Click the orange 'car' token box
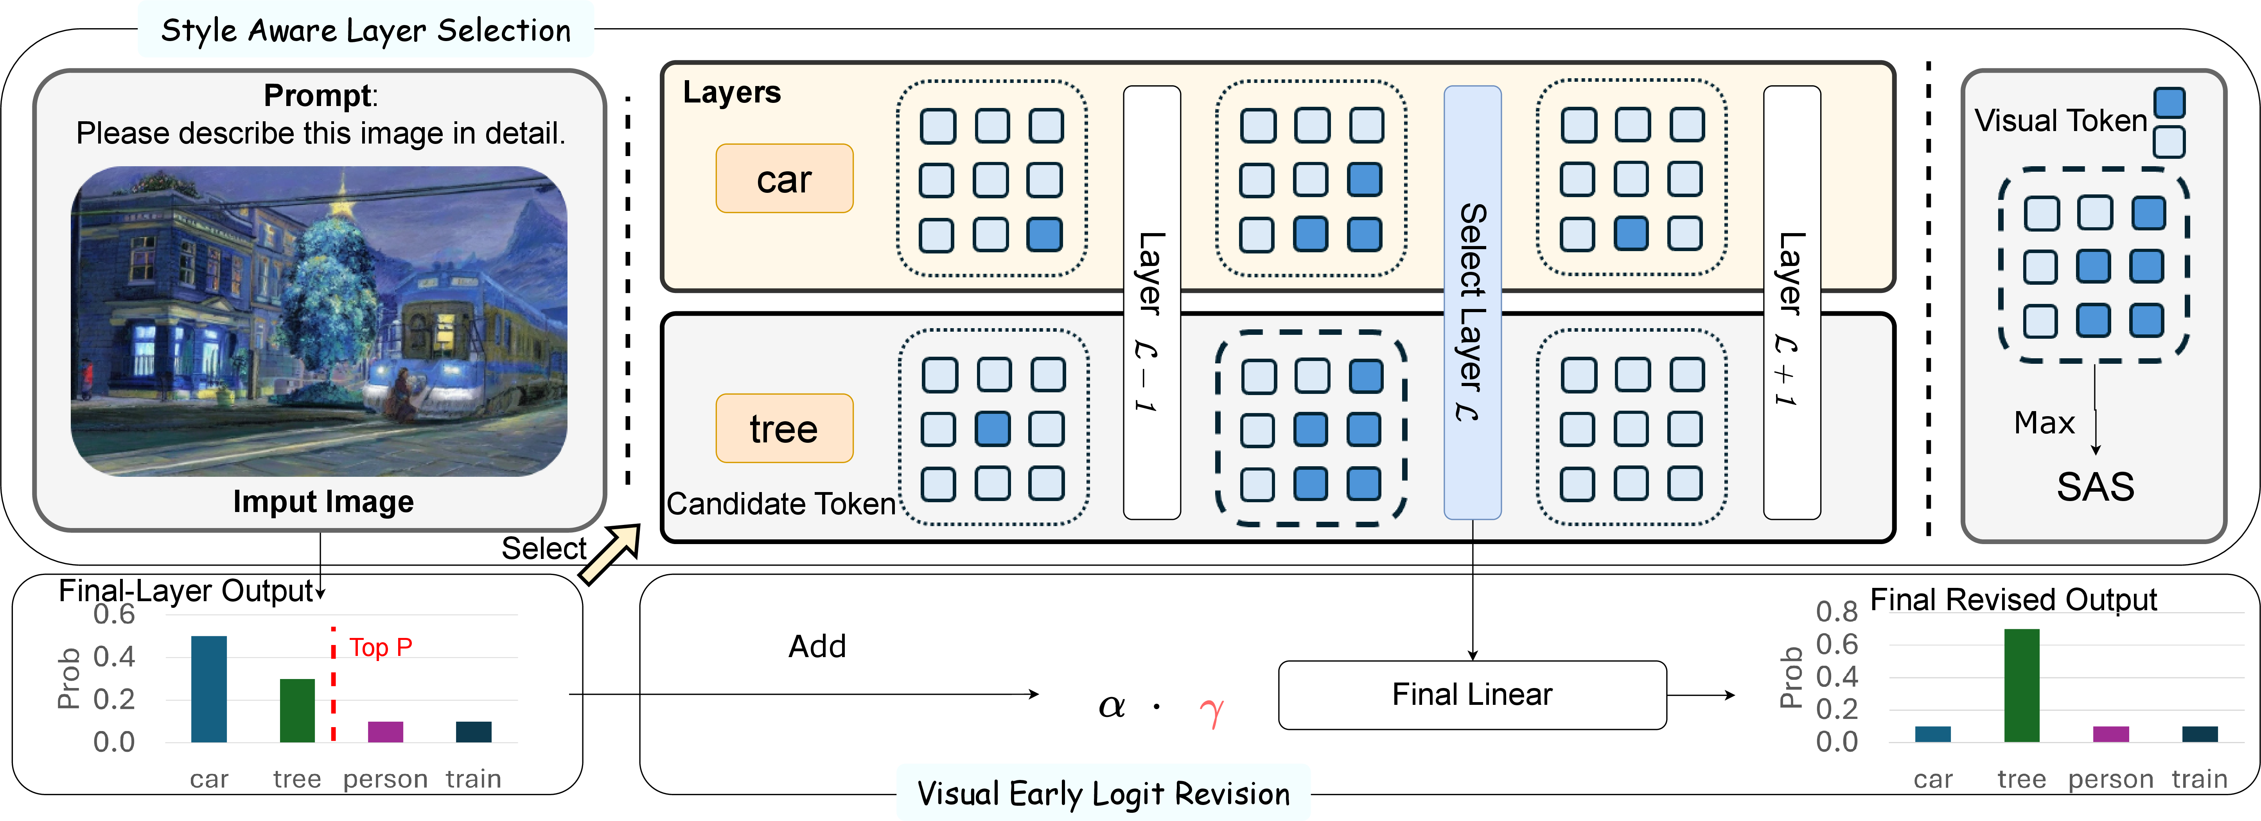pos(784,178)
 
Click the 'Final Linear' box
pos(1472,695)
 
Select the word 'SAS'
pos(2095,487)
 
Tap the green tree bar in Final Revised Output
pos(2021,685)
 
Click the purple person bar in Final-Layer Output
pos(385,731)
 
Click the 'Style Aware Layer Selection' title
pos(366,31)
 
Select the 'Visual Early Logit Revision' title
pos(1103,794)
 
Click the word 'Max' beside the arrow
pos(2044,423)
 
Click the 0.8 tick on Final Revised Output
pos(1836,611)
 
